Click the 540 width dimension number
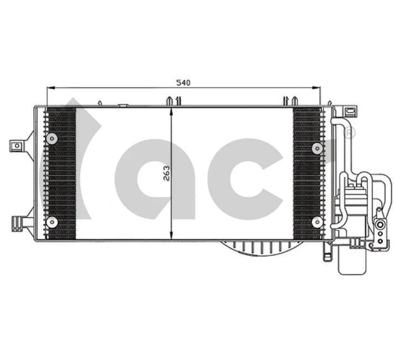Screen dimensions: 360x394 (x=183, y=83)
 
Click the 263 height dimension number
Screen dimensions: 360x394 (x=166, y=172)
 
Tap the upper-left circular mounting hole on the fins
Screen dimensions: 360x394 (x=52, y=138)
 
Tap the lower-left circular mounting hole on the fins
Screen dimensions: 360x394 (x=52, y=222)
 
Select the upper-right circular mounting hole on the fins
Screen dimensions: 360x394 (x=318, y=147)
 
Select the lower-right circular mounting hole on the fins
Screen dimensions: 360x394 (x=318, y=222)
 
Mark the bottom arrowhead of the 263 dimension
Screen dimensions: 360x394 (x=172, y=235)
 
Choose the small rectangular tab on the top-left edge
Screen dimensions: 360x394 (x=123, y=104)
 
